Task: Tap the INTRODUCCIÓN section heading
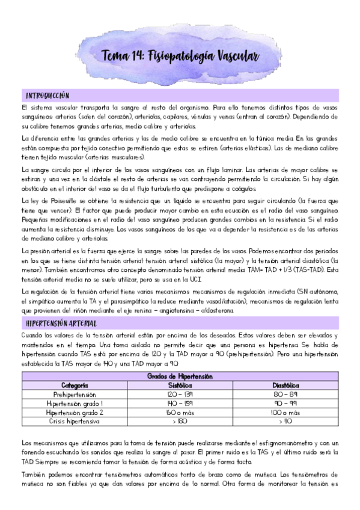[47, 95]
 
